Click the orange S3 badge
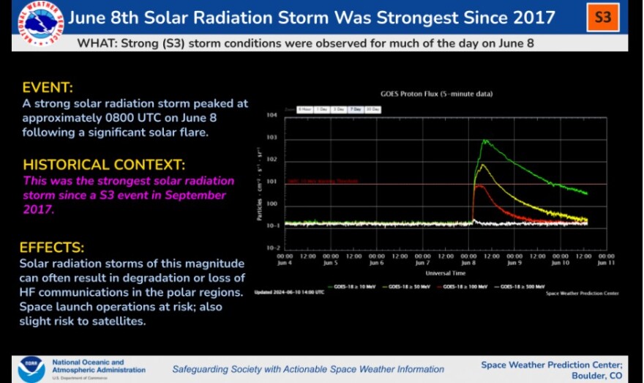(x=602, y=17)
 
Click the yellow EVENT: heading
(x=48, y=88)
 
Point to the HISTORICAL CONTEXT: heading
(x=104, y=164)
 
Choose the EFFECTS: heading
(x=52, y=248)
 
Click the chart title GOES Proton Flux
(x=436, y=94)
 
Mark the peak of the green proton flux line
(x=484, y=140)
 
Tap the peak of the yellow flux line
(x=481, y=166)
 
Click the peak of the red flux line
(x=479, y=185)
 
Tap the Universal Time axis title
(x=446, y=273)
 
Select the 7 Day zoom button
(x=356, y=109)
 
